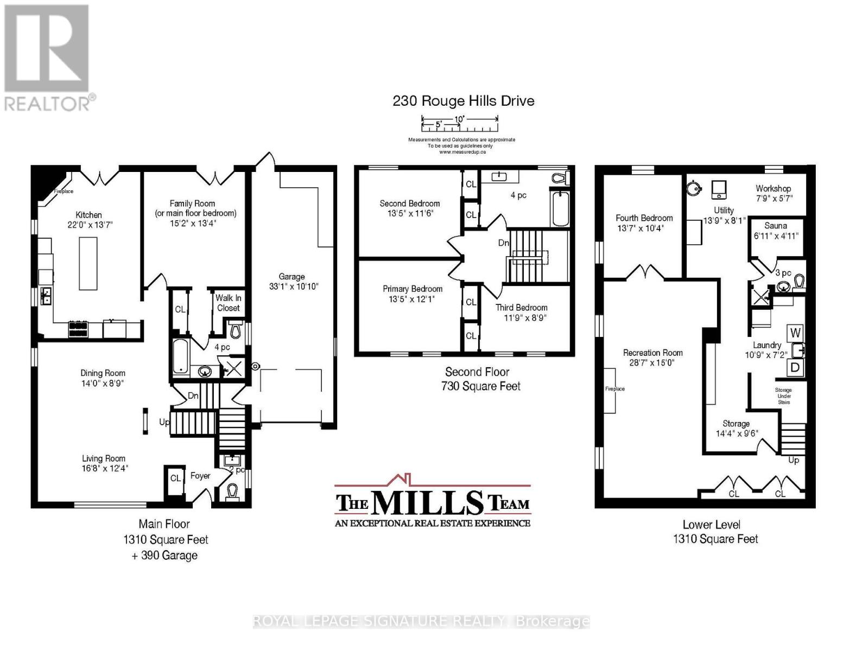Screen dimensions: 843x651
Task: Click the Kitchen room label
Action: tap(88, 215)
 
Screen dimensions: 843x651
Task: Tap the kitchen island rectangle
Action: tap(88, 263)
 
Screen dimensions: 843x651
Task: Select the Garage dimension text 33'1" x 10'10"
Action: tap(294, 286)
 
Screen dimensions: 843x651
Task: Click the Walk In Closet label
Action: tap(228, 303)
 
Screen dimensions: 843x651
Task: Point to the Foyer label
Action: tap(200, 476)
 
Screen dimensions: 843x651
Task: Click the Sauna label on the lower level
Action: tap(776, 226)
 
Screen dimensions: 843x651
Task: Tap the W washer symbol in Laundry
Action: tap(795, 333)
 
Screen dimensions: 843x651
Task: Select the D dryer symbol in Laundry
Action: tap(795, 367)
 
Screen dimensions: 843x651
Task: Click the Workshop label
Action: tap(773, 188)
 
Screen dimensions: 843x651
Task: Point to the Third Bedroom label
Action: tap(522, 308)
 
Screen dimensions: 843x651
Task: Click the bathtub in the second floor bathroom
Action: tap(561, 209)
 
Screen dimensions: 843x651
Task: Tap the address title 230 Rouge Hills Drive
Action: tap(464, 101)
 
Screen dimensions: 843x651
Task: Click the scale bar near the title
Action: tap(460, 124)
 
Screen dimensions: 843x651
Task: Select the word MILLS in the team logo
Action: tap(428, 502)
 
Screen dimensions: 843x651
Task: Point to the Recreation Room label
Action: tap(653, 353)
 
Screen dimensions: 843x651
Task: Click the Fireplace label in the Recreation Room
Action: tap(615, 388)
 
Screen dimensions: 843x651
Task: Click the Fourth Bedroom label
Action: tap(644, 218)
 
